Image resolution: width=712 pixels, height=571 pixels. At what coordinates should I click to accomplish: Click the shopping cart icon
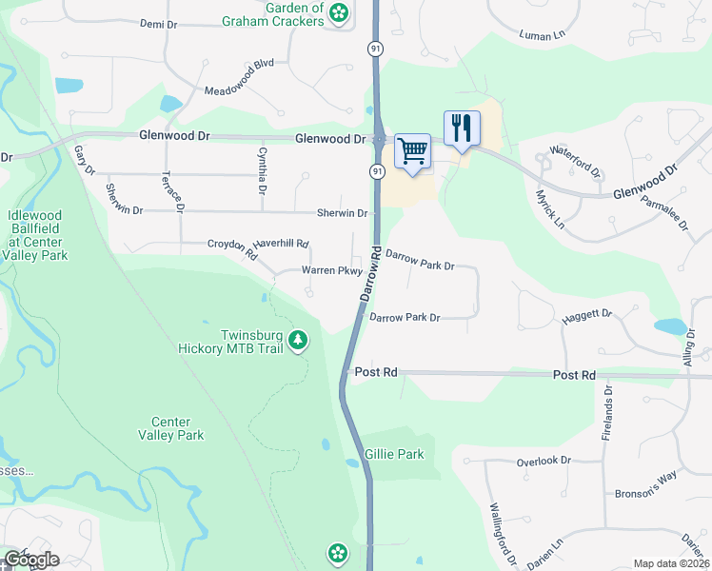(412, 150)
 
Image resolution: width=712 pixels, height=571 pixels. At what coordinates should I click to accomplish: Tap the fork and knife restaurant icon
(462, 128)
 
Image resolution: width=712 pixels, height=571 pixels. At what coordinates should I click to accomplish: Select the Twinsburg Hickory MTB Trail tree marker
(298, 340)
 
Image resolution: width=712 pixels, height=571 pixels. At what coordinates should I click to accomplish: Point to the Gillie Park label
(394, 455)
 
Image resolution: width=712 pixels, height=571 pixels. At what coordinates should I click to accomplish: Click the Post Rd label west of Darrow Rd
(375, 372)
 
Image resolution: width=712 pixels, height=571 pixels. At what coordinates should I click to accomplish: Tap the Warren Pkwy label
(331, 271)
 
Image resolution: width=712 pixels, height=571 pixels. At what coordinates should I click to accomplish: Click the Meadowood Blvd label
(239, 90)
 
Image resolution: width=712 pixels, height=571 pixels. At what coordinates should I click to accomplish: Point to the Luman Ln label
(542, 35)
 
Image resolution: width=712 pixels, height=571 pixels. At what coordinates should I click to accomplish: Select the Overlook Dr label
(543, 461)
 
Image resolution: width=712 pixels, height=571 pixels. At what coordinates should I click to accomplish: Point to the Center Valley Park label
(177, 428)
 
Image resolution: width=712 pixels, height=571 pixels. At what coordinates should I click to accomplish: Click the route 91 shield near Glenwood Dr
(377, 171)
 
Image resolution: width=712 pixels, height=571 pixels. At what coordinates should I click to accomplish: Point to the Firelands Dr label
(607, 418)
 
